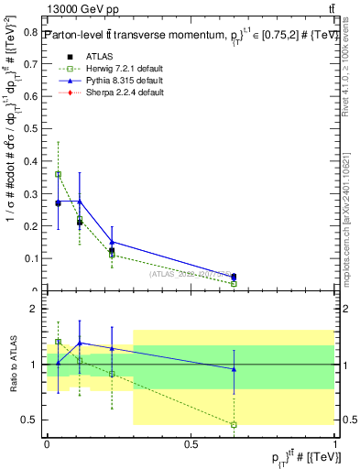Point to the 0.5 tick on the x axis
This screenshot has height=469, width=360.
click(191, 444)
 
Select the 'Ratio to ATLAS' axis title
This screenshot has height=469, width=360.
click(13, 365)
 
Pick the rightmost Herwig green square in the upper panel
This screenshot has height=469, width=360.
click(234, 284)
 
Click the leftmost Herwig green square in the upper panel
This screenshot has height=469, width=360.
click(59, 174)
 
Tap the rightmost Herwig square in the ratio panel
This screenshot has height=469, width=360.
click(234, 425)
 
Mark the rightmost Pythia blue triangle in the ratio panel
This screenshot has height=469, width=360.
click(234, 369)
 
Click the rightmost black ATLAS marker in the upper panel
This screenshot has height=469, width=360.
click(234, 276)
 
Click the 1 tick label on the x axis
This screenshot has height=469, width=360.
click(336, 444)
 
